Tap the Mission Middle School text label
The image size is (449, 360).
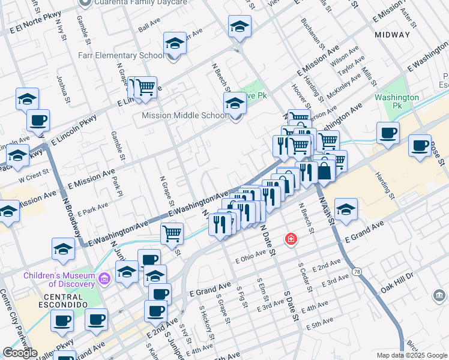181,116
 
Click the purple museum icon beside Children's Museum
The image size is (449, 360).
104,278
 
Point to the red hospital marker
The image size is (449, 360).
291,239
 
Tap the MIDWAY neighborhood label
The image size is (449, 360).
392,35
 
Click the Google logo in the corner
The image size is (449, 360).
20,352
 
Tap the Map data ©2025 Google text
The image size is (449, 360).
411,355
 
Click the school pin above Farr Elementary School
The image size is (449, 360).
175,44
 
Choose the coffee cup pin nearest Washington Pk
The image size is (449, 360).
388,133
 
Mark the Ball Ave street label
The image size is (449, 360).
148,28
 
